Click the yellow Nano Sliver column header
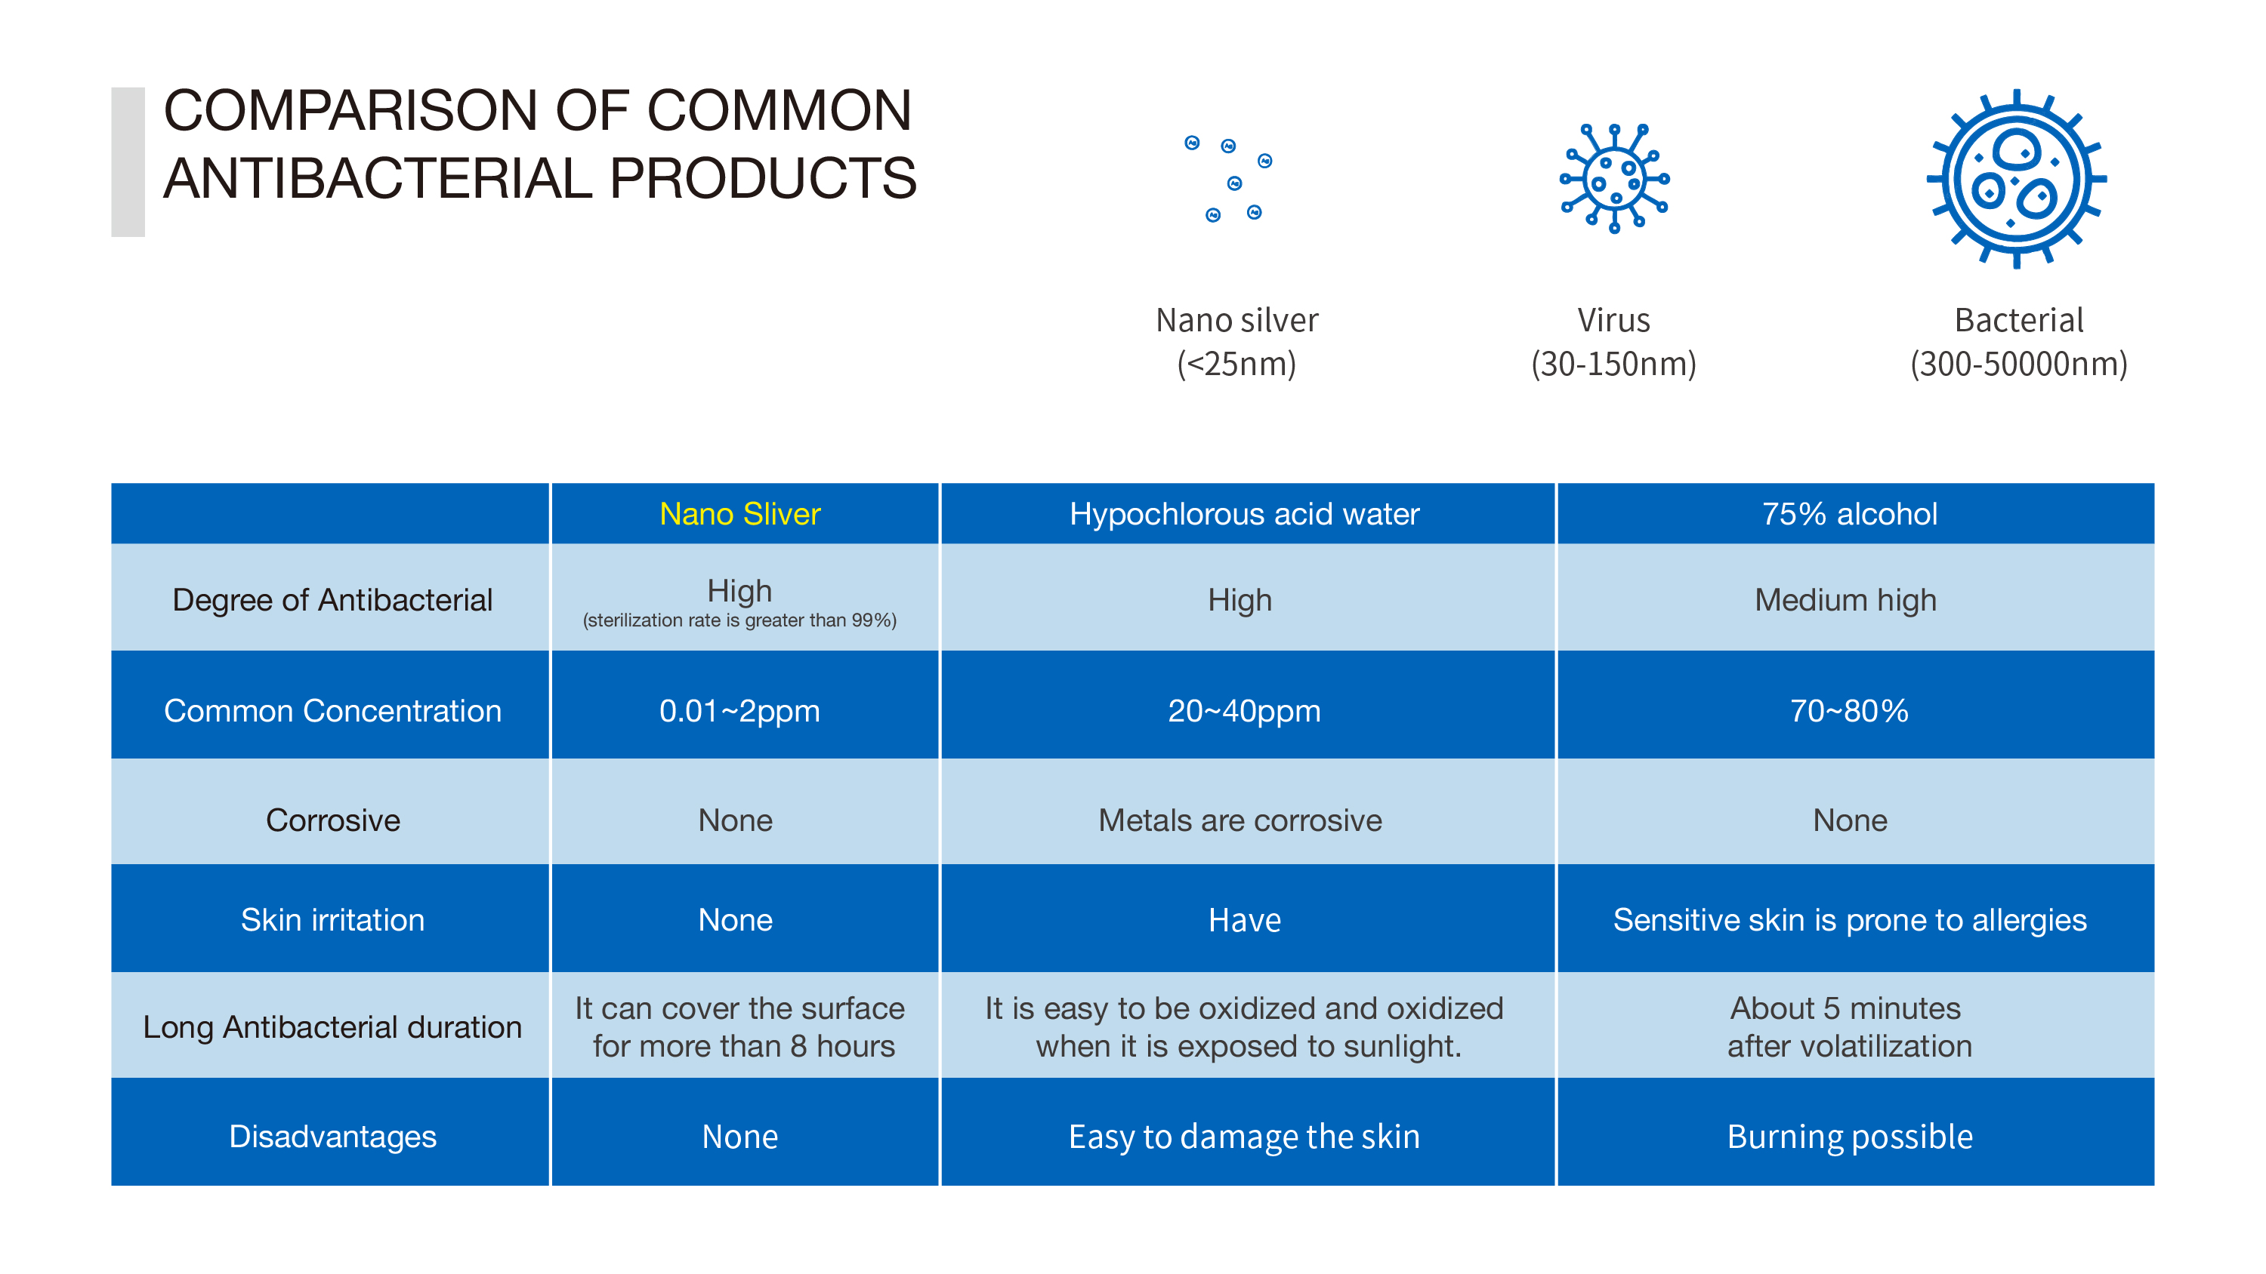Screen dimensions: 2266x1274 pos(739,513)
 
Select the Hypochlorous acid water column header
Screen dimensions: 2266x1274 pos(1244,513)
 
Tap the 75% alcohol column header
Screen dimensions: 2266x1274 pos(1849,513)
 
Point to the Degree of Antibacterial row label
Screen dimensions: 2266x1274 pos(332,599)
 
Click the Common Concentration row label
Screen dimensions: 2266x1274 pos(332,710)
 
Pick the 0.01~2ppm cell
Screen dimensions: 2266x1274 pos(739,710)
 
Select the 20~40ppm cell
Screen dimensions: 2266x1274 pos(1244,710)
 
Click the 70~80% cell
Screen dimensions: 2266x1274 pos(1849,710)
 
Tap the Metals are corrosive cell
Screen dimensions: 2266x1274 pos(1240,820)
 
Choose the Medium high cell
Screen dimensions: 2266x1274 pos(1845,599)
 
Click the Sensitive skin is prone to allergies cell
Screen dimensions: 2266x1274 pos(1849,920)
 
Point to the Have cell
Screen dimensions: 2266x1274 pos(1245,920)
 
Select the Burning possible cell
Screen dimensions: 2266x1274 pos(1849,1137)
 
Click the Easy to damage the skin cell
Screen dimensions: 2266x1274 pos(1244,1137)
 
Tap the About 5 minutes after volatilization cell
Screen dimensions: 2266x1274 pos(1849,1027)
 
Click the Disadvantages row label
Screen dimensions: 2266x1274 pos(332,1137)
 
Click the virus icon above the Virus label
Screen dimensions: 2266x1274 pos(1614,178)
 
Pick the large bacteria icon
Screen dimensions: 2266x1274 pos(2016,178)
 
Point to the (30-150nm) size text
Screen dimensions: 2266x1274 pos(1613,363)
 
